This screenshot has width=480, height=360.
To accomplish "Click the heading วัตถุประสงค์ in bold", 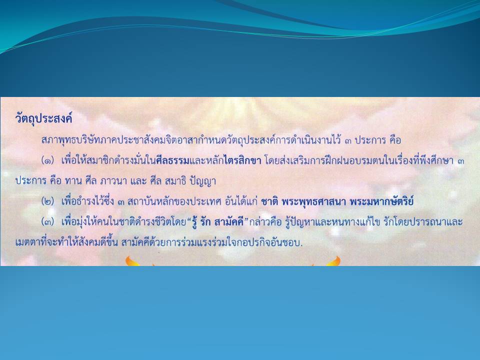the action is point(43,118).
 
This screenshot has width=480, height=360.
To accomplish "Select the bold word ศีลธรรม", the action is point(173,160).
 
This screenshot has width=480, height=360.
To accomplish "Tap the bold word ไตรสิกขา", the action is point(242,160).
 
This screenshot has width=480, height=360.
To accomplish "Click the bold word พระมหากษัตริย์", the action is point(381,201).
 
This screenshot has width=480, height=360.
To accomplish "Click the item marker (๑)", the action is point(48,160).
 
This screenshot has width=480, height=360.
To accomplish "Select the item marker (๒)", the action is point(48,201).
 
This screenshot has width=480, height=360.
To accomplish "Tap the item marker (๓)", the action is point(48,222).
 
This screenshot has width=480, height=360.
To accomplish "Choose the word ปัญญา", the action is point(203,181).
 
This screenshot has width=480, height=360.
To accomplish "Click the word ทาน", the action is point(73,181).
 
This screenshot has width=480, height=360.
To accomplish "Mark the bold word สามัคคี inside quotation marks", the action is point(228,221).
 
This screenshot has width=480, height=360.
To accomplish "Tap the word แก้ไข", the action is point(363,221).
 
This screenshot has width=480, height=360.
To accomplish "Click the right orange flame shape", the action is point(333,261).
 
